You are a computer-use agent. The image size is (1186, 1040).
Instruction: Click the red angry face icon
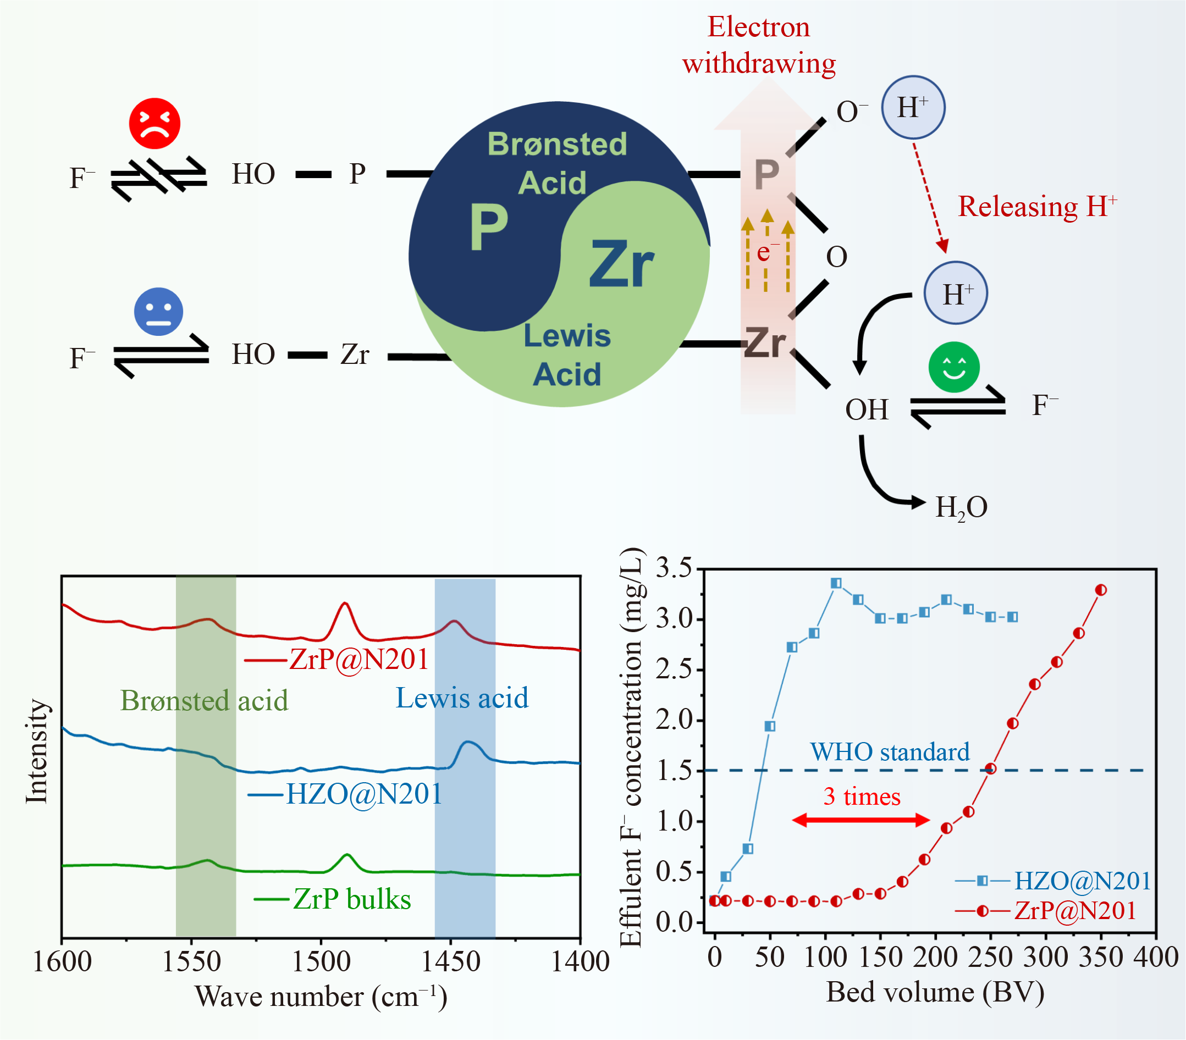click(155, 124)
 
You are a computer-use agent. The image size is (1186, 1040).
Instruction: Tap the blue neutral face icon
click(158, 312)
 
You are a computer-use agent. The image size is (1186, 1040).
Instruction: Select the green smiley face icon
click(954, 367)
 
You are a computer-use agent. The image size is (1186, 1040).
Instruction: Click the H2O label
click(961, 507)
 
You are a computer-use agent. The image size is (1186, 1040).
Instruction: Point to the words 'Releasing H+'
click(1037, 207)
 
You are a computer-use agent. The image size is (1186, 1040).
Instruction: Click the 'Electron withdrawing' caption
click(758, 45)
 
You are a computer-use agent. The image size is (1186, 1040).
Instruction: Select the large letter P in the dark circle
click(489, 229)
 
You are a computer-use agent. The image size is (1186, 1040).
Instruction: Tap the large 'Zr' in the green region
click(621, 264)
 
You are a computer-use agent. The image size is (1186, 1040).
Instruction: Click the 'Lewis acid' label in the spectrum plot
click(462, 698)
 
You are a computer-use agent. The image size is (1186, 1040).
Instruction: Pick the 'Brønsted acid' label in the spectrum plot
click(204, 701)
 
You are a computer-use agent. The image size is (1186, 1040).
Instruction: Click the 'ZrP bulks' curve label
click(352, 900)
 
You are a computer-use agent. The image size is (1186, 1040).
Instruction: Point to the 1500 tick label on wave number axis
click(321, 962)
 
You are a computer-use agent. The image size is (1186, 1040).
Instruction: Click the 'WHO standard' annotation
click(890, 753)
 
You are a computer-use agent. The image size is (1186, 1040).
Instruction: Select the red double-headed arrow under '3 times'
click(861, 820)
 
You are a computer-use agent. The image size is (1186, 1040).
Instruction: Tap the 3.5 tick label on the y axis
click(674, 568)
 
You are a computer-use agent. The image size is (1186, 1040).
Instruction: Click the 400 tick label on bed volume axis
click(1156, 958)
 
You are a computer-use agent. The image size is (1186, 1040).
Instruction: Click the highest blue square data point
click(836, 583)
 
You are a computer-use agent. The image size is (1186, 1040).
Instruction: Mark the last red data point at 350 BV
click(1101, 590)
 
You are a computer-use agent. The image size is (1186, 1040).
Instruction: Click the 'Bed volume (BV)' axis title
click(935, 992)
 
